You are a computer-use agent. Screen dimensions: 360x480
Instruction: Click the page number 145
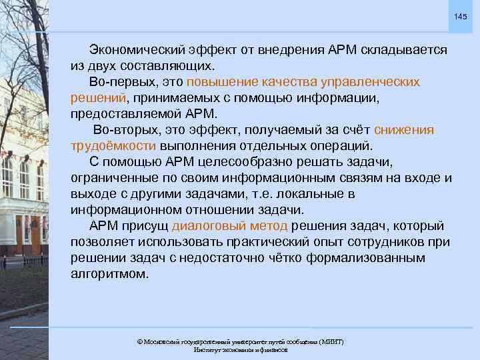tap(461, 16)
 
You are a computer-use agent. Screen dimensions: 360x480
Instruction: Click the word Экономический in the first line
tap(135, 50)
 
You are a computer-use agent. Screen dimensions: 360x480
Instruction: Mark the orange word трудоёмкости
tap(113, 146)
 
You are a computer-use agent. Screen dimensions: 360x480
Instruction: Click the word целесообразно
tap(246, 162)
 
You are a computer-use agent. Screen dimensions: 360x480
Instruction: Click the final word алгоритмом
tap(110, 274)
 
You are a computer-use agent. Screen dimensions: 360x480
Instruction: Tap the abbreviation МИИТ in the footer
tap(330, 341)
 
